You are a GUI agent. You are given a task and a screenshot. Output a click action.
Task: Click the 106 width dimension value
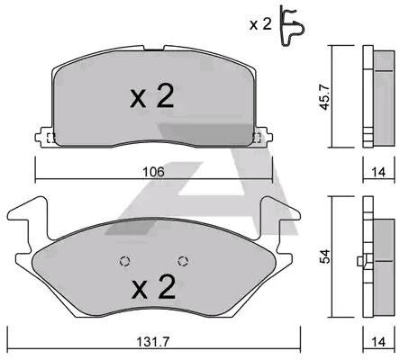point(153,172)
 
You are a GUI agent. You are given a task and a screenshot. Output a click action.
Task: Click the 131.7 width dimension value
point(153,342)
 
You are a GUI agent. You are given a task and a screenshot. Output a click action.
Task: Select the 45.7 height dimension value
point(324,96)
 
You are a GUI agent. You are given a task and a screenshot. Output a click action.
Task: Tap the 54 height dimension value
point(324,256)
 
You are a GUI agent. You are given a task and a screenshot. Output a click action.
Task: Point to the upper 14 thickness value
point(378,172)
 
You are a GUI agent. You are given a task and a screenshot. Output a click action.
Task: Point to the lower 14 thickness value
point(378,342)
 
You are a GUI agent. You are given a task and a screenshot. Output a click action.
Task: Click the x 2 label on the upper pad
point(151,95)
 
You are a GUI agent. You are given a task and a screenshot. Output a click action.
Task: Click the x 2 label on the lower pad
point(153,287)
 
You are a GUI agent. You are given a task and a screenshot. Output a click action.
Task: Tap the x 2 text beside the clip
point(260,24)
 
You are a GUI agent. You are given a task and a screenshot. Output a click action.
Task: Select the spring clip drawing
point(292,25)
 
